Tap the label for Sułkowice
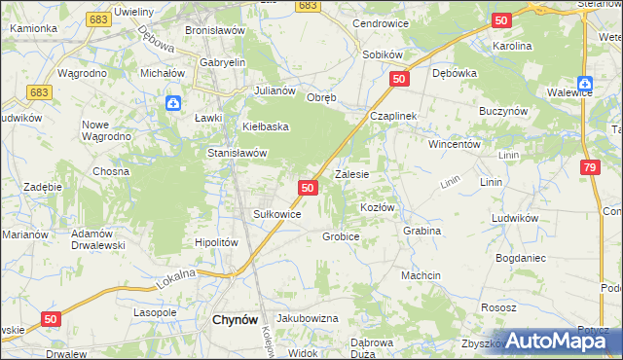pos(276,214)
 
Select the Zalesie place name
pos(351,175)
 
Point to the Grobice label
pos(341,236)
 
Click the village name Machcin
pos(421,275)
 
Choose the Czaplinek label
pos(393,116)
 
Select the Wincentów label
pos(456,143)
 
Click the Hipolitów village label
pos(217,242)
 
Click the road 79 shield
pos(590,168)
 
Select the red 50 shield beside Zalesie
pos(308,187)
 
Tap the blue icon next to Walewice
pos(585,84)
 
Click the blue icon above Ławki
pos(172,101)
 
